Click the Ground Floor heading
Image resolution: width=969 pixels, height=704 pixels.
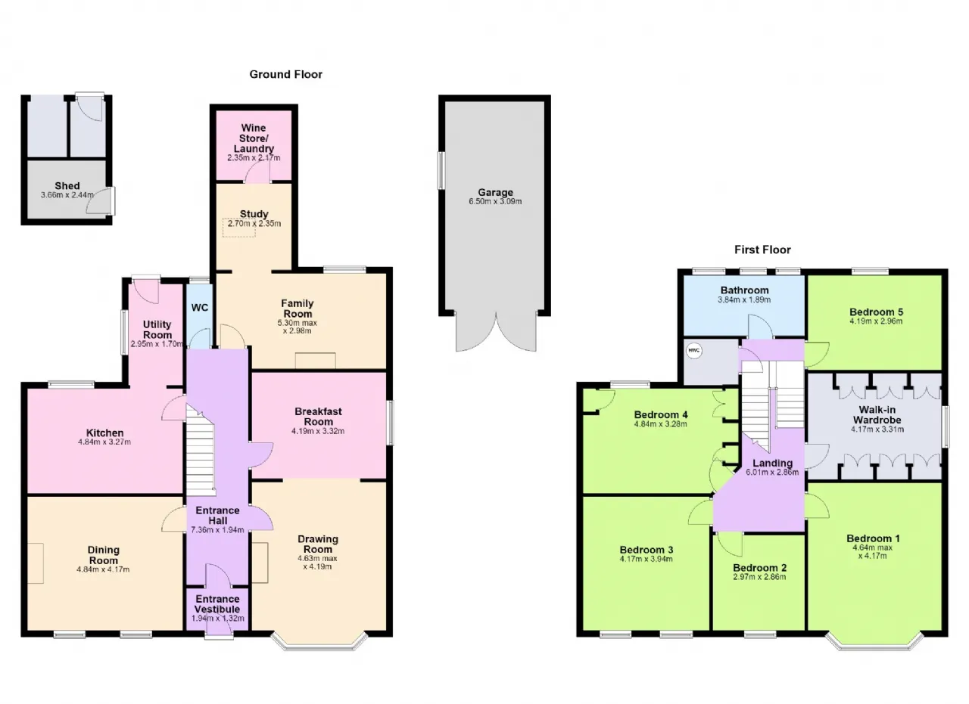tap(286, 74)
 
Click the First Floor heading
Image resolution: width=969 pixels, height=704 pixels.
tap(762, 250)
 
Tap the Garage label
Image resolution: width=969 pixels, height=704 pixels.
tap(495, 192)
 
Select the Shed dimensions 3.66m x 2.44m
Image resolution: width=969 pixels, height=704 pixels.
tap(67, 195)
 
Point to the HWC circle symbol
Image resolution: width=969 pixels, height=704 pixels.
tap(694, 350)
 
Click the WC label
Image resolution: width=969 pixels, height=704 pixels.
tap(200, 308)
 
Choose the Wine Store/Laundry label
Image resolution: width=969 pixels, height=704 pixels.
tap(254, 138)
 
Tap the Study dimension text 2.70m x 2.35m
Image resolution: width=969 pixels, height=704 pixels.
tap(254, 223)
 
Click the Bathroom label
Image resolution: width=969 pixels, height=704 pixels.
tap(744, 290)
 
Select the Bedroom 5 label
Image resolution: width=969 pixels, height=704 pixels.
tap(876, 312)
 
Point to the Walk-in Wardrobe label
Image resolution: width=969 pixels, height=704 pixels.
tap(877, 414)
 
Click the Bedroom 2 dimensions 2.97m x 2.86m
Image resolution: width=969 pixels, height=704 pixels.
tap(759, 577)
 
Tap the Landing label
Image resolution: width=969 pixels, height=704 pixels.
tap(773, 464)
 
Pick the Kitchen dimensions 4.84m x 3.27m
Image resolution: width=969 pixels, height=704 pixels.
tap(104, 442)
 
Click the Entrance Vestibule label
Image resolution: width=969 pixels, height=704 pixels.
tap(217, 603)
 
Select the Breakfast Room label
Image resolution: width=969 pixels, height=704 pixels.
tap(319, 417)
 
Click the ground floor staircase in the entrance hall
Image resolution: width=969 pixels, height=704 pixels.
tap(201, 449)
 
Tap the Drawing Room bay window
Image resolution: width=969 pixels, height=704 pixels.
tap(319, 643)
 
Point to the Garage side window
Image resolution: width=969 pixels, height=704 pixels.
tap(441, 170)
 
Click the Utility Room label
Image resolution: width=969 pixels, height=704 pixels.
tap(157, 330)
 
